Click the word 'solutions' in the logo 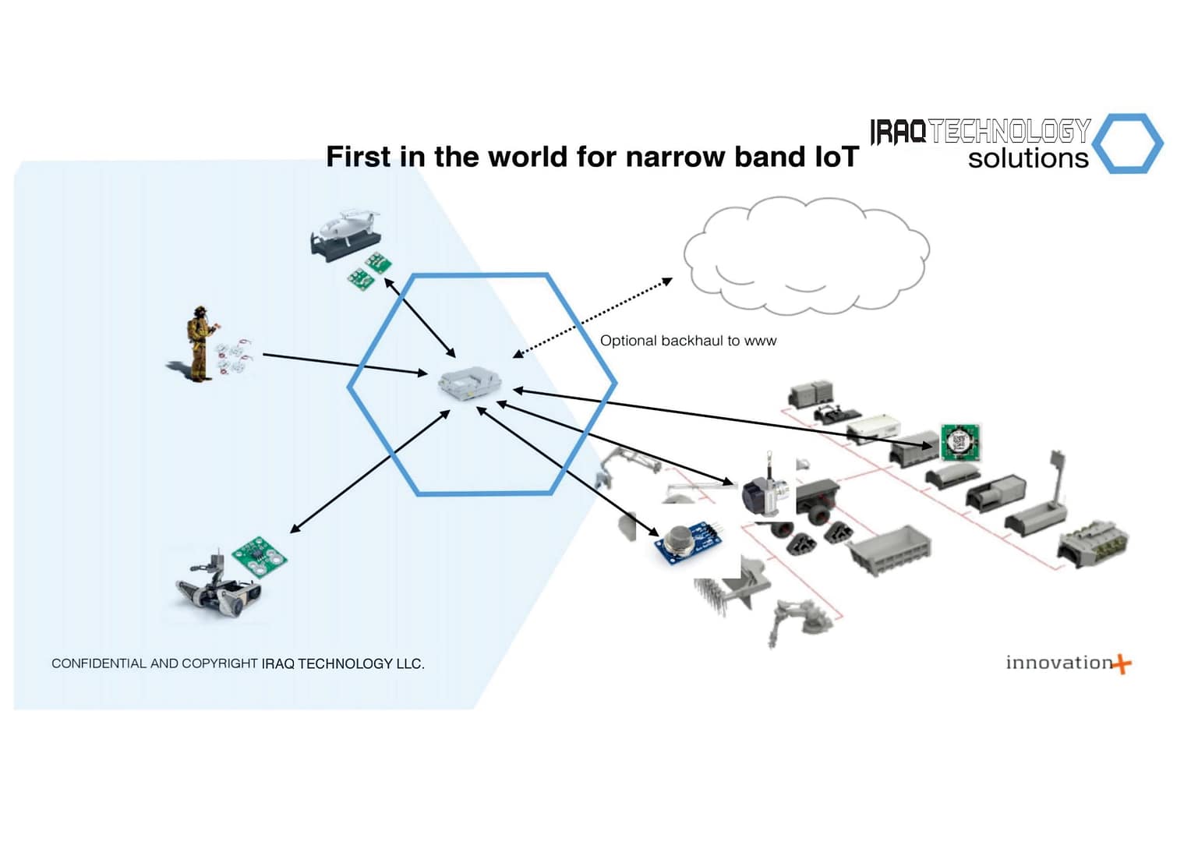coord(1027,158)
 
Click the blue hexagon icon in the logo coord(1127,143)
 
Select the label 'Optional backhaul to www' coord(688,341)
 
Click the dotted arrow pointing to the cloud coord(592,318)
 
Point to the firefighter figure coord(200,344)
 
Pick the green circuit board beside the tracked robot coord(259,555)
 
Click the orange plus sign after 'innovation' coord(1122,664)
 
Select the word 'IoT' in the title coord(836,157)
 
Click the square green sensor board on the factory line coord(960,442)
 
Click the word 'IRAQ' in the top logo coord(898,132)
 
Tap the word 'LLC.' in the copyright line coord(410,663)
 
